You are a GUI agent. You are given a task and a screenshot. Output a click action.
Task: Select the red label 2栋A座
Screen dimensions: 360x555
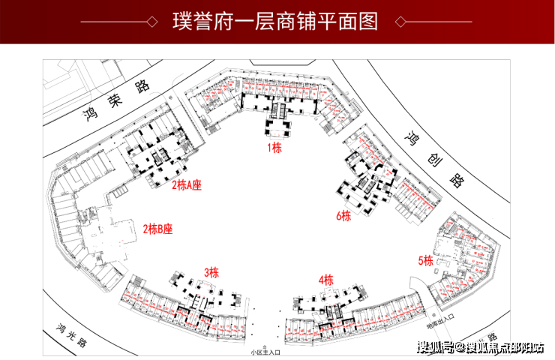tap(187, 184)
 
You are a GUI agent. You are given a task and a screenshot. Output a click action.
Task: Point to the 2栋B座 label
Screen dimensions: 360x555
tap(157, 229)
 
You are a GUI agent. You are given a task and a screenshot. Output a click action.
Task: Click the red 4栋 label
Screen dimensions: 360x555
tap(325, 280)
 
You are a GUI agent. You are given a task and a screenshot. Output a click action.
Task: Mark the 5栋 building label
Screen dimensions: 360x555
tap(426, 261)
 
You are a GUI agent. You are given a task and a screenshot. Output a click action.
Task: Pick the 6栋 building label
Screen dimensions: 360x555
tap(343, 216)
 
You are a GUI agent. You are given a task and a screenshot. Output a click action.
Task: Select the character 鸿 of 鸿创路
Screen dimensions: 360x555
tap(411, 139)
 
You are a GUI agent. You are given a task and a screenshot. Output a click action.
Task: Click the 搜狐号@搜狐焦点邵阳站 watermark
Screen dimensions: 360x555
tap(479, 346)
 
